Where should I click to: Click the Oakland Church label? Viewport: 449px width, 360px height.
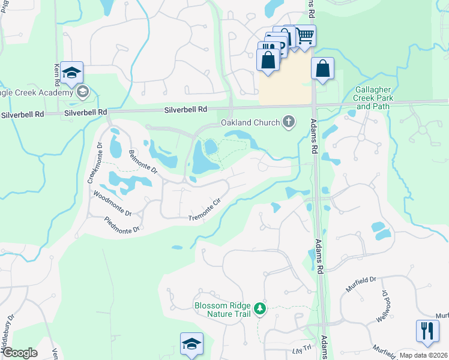[x=250, y=123]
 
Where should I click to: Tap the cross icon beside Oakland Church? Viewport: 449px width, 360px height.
[x=289, y=122]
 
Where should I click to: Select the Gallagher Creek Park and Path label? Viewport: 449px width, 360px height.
[x=373, y=97]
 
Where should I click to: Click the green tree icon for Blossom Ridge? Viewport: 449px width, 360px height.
[x=259, y=309]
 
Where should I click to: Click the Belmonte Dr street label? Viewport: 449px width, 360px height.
[x=142, y=163]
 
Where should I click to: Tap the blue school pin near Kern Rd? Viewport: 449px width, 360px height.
[x=71, y=73]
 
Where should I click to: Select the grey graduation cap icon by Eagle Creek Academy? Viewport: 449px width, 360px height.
[x=83, y=92]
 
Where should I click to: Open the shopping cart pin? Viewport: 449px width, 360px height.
[x=305, y=36]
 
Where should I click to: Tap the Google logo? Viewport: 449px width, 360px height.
[x=19, y=353]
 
